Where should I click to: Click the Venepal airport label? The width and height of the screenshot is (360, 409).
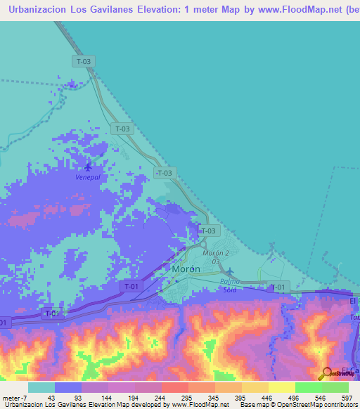point(88,178)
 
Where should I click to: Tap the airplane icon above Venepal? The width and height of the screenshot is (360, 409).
point(88,167)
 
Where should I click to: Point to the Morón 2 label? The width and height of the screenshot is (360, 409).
point(217,253)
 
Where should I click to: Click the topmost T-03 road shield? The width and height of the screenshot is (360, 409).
point(82,61)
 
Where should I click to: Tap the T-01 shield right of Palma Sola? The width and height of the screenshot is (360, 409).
point(278,287)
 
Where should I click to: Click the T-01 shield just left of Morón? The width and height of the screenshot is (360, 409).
point(131,286)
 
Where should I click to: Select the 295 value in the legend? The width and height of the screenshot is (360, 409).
point(187,398)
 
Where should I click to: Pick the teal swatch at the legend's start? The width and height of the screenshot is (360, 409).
point(41,387)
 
